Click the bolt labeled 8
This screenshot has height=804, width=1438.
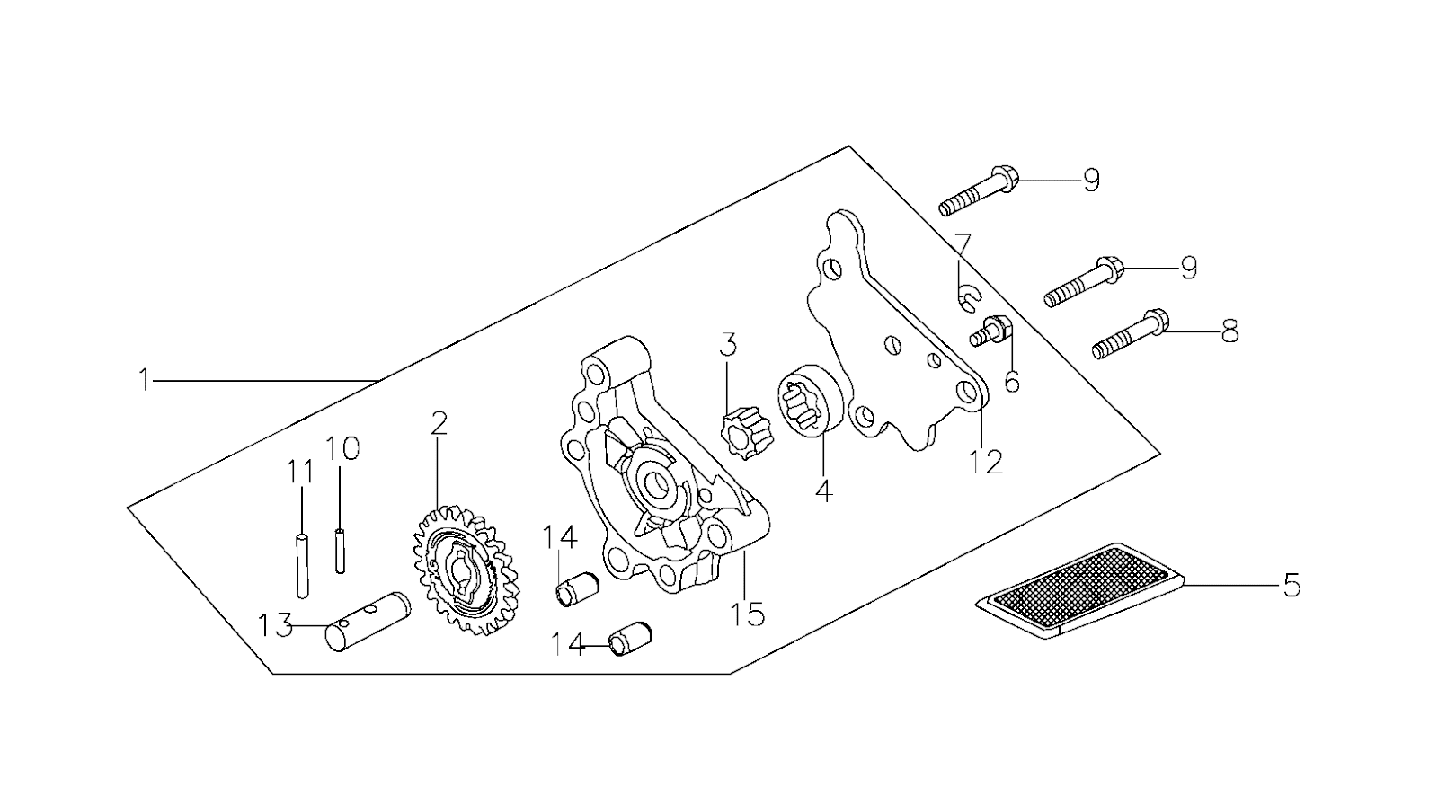pyautogui.click(x=1131, y=335)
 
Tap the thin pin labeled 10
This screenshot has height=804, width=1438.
pyautogui.click(x=341, y=551)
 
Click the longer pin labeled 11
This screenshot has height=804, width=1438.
pyautogui.click(x=303, y=565)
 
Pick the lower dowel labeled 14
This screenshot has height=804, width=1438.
pyautogui.click(x=626, y=643)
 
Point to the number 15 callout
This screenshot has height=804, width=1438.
pyautogui.click(x=747, y=615)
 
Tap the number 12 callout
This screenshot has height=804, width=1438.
pyautogui.click(x=985, y=461)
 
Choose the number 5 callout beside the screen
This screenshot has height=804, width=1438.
pyautogui.click(x=1291, y=586)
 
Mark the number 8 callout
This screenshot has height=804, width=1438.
pyautogui.click(x=1229, y=331)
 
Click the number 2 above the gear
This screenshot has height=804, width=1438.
pyautogui.click(x=439, y=424)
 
